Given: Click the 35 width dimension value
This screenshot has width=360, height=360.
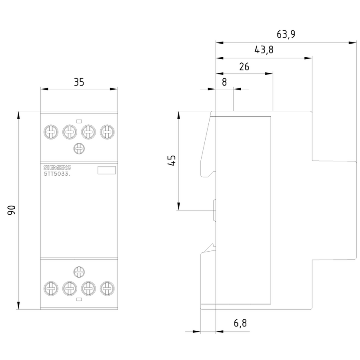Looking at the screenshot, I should [x=79, y=82].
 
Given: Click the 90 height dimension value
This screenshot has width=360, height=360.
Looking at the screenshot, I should [x=12, y=210].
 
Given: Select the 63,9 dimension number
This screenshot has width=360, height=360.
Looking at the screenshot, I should [x=286, y=34].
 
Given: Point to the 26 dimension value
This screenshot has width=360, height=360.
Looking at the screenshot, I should [x=244, y=66].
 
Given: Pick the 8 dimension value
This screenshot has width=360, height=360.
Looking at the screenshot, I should [x=224, y=82].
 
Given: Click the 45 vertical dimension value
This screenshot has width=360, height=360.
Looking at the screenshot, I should [x=172, y=160].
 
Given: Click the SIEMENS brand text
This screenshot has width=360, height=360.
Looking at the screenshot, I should [x=57, y=167].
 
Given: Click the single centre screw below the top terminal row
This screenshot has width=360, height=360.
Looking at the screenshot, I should [x=79, y=149].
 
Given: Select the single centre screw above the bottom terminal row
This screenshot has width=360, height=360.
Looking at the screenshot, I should [x=79, y=272].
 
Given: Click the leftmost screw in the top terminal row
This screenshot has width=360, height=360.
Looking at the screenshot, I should [x=50, y=130].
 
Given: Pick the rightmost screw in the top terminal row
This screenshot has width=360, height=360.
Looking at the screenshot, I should [x=106, y=130].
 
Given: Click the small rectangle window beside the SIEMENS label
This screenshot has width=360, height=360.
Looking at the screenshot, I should [x=106, y=170].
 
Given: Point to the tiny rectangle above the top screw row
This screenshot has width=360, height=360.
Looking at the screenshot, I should [x=79, y=121].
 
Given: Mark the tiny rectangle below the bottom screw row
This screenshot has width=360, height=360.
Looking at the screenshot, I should [x=79, y=299].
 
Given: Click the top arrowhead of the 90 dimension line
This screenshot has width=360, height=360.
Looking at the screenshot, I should [x=18, y=114].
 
